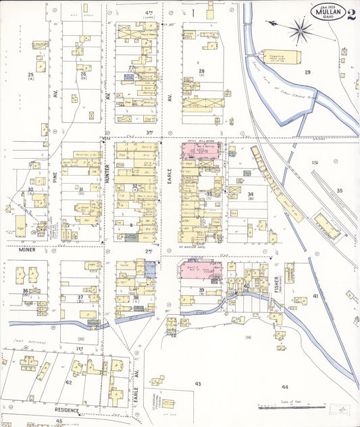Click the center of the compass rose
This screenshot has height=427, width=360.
click(x=301, y=28)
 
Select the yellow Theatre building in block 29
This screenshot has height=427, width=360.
click(x=274, y=57)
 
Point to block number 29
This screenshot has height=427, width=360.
click(x=307, y=72)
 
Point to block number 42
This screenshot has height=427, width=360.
click(x=68, y=382)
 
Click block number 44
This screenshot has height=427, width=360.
click(x=285, y=386)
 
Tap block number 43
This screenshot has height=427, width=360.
click(x=198, y=383)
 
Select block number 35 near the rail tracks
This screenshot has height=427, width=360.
click(x=339, y=191)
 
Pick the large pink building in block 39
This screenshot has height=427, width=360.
click(x=202, y=272)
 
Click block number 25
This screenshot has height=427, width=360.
click(x=30, y=74)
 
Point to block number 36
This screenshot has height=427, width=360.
click(x=25, y=291)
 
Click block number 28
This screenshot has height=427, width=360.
click(x=201, y=71)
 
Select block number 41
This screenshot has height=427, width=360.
click(x=315, y=296)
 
